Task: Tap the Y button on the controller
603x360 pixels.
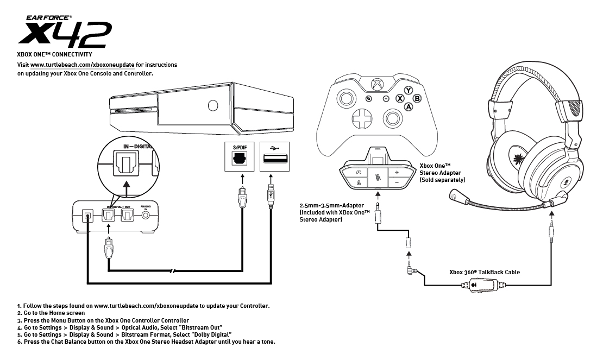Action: (x=408, y=90)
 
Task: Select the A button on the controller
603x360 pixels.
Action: (x=408, y=107)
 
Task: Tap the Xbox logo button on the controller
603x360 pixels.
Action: (x=376, y=84)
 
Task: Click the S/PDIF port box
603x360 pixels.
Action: (x=239, y=157)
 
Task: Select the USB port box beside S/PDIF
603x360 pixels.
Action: (x=274, y=157)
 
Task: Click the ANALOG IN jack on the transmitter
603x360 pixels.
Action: (x=146, y=215)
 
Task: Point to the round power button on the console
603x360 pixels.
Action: (x=212, y=106)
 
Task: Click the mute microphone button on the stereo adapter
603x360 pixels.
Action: (x=377, y=178)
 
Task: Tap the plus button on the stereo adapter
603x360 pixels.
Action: (x=397, y=173)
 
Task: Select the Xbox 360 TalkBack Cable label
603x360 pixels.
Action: (x=485, y=272)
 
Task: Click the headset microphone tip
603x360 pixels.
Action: (x=456, y=196)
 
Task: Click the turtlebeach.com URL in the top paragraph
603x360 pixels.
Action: (x=82, y=65)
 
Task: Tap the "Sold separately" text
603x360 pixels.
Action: (x=442, y=180)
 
